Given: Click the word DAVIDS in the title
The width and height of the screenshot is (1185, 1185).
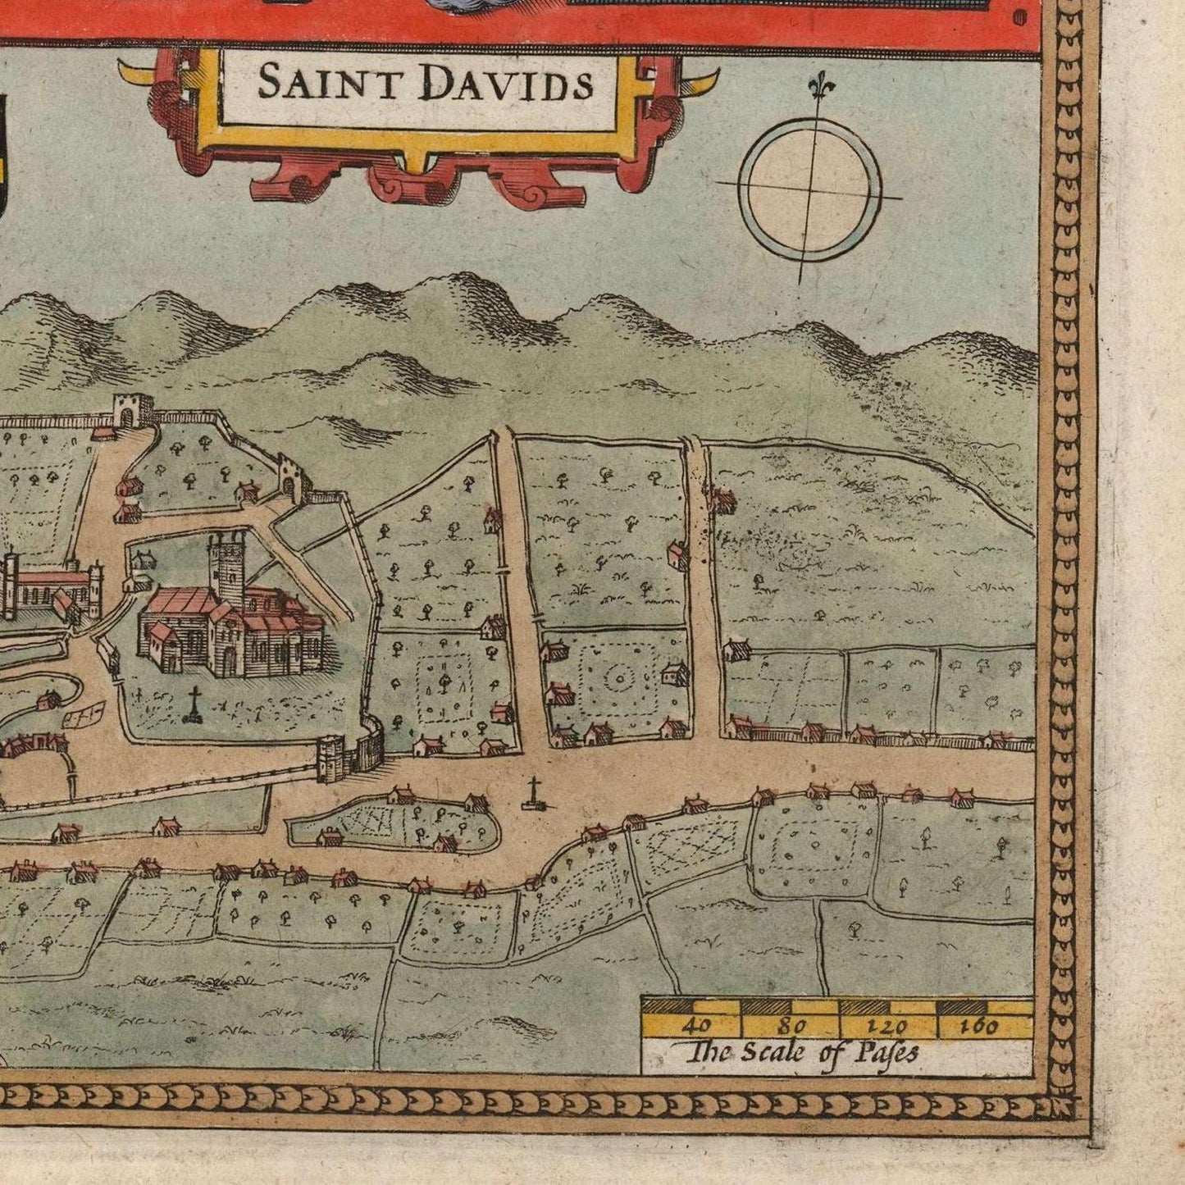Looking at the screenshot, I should coord(505,84).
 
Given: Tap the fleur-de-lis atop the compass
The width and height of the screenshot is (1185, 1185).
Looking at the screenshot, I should coord(816,85).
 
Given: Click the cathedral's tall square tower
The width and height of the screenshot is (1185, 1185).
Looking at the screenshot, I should coord(226,565).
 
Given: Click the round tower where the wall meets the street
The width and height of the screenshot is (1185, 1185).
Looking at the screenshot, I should coord(331,758).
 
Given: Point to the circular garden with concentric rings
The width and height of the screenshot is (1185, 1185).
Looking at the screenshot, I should coord(619,678).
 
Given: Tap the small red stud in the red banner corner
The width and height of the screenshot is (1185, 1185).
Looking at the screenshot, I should coord(1019,16).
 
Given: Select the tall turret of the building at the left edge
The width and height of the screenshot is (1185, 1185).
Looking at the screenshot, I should coord(11,582).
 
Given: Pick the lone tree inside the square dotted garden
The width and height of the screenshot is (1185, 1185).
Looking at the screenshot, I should coord(444,680).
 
